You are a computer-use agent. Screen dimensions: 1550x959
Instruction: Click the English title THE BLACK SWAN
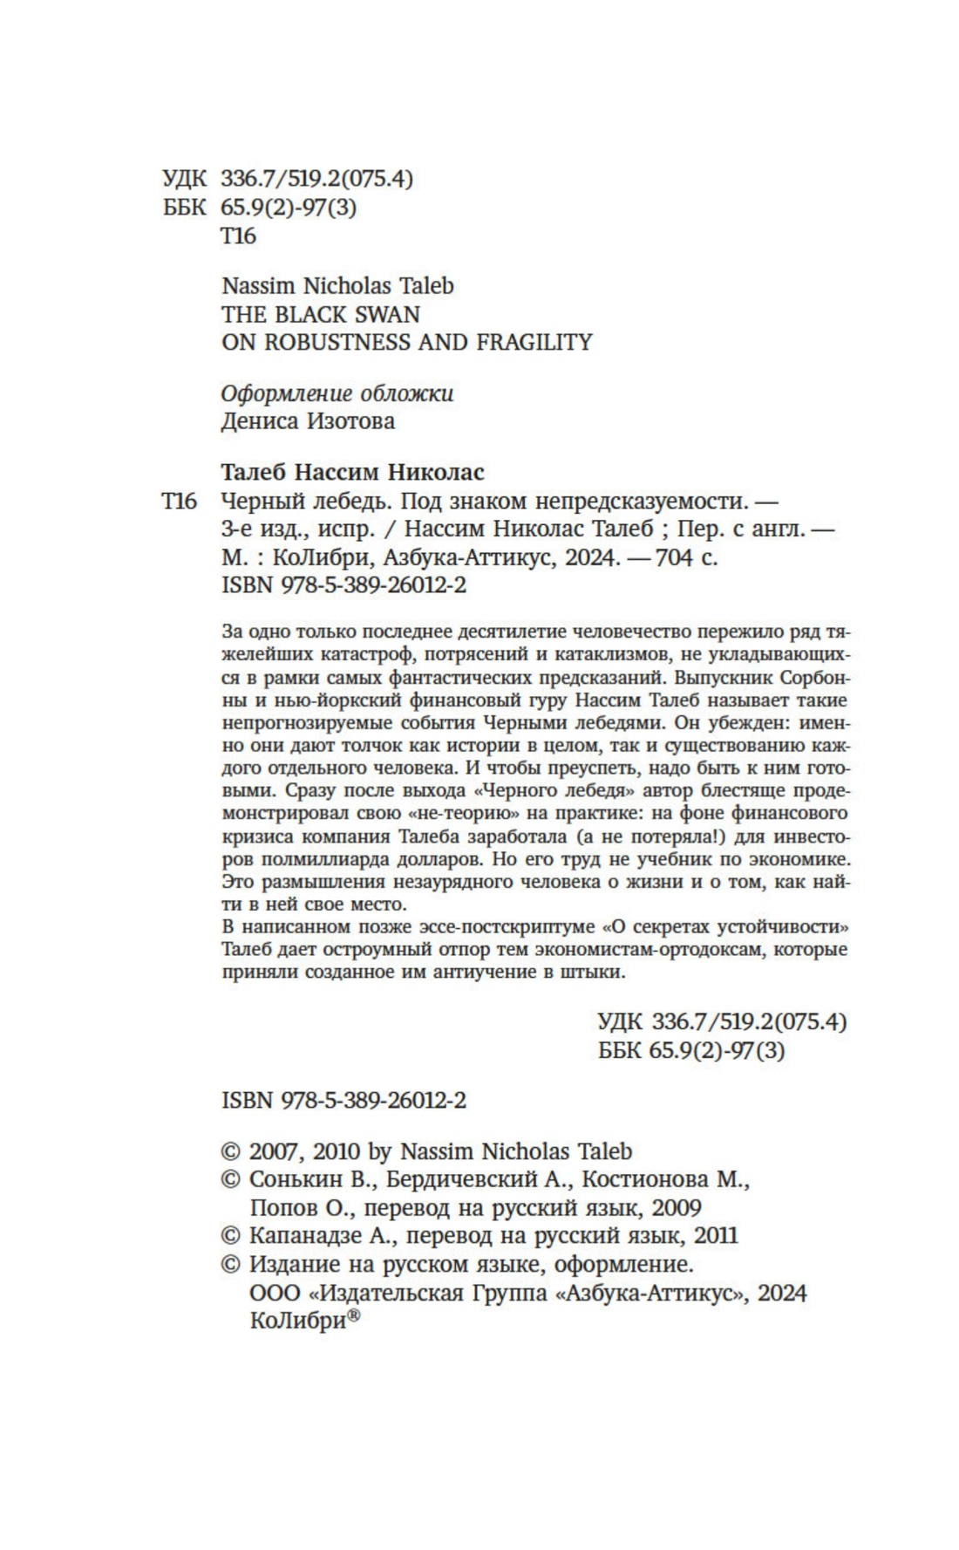(x=320, y=314)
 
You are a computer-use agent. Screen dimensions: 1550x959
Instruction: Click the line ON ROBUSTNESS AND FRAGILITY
(x=406, y=342)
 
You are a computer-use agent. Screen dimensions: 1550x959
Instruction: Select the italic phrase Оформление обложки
(x=337, y=393)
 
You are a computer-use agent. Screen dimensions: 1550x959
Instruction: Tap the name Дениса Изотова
(x=308, y=421)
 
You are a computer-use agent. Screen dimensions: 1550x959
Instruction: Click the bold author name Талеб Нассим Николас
(x=353, y=473)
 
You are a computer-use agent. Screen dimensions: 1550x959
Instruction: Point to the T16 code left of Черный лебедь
(x=180, y=502)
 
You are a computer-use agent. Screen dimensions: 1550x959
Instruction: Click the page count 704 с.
(x=686, y=557)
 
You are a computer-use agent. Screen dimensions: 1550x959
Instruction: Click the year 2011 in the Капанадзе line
(x=711, y=1236)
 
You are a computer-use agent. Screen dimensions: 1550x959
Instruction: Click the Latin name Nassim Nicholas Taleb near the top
(x=337, y=286)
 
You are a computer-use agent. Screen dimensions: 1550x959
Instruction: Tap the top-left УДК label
(x=184, y=179)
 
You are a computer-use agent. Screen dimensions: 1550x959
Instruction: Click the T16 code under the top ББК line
(x=238, y=236)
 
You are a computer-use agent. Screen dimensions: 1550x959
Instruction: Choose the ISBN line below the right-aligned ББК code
(x=343, y=1101)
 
